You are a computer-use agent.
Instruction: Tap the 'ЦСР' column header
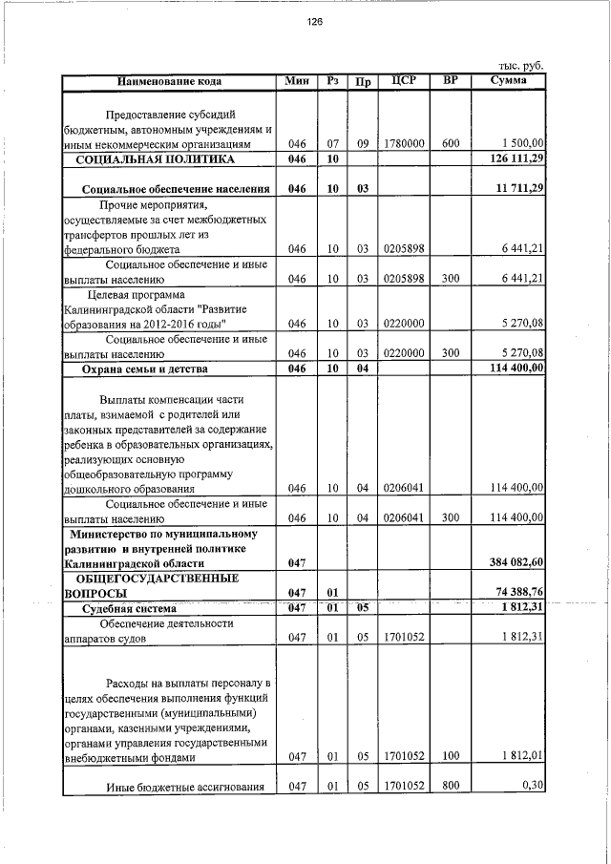(x=403, y=81)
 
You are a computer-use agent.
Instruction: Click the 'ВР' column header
(x=450, y=81)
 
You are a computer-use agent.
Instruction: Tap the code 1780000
(x=403, y=144)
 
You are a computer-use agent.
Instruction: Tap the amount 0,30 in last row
(x=532, y=786)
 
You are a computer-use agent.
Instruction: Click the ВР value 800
(x=451, y=786)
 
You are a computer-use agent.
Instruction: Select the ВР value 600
(x=451, y=144)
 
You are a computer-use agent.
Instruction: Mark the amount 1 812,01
(x=521, y=757)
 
